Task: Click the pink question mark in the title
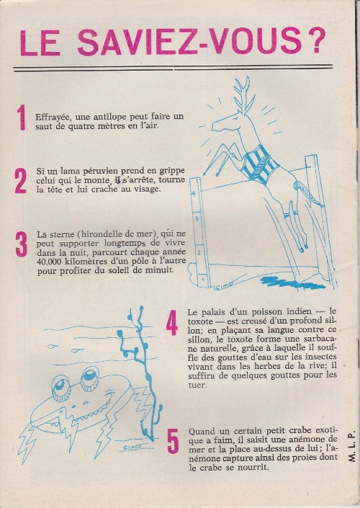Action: click(314, 41)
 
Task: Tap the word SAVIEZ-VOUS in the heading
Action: click(189, 42)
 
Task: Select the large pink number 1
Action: click(22, 117)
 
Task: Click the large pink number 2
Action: click(20, 181)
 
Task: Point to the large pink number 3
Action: click(22, 244)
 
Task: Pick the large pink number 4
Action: click(172, 323)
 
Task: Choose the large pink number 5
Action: click(174, 441)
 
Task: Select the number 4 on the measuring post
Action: click(194, 194)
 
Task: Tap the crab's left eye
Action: click(61, 387)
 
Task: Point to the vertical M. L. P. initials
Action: click(352, 446)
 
